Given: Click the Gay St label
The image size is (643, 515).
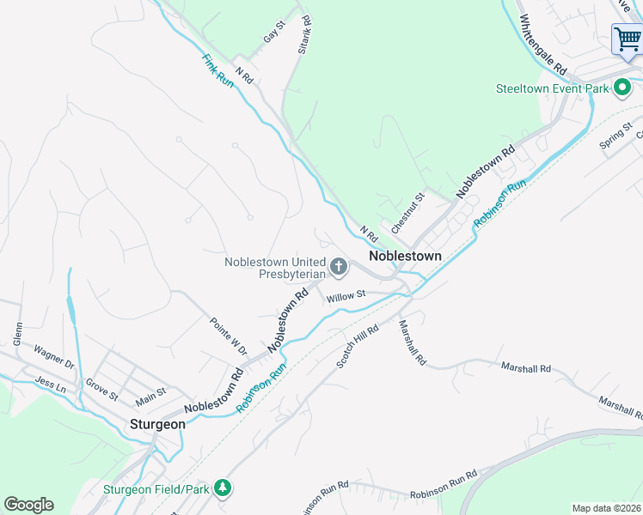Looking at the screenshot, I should [274, 35].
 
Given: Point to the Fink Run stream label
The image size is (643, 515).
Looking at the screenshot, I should [217, 71].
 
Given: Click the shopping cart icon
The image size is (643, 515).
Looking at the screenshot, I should [626, 39].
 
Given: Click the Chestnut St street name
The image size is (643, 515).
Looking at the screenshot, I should [408, 213].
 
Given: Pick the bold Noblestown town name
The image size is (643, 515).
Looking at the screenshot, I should [405, 256].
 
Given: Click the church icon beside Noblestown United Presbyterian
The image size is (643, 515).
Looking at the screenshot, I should [338, 268].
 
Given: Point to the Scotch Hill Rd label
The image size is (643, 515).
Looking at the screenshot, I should [358, 347].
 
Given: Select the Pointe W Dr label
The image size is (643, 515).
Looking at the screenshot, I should [228, 336].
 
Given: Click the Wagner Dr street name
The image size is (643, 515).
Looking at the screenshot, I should [54, 357].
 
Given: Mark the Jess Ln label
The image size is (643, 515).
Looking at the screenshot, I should [50, 384].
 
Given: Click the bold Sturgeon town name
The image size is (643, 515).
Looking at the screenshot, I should [157, 424].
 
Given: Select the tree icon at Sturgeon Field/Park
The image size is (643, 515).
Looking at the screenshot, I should [224, 488].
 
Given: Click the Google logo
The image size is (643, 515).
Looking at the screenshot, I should [28, 505].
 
